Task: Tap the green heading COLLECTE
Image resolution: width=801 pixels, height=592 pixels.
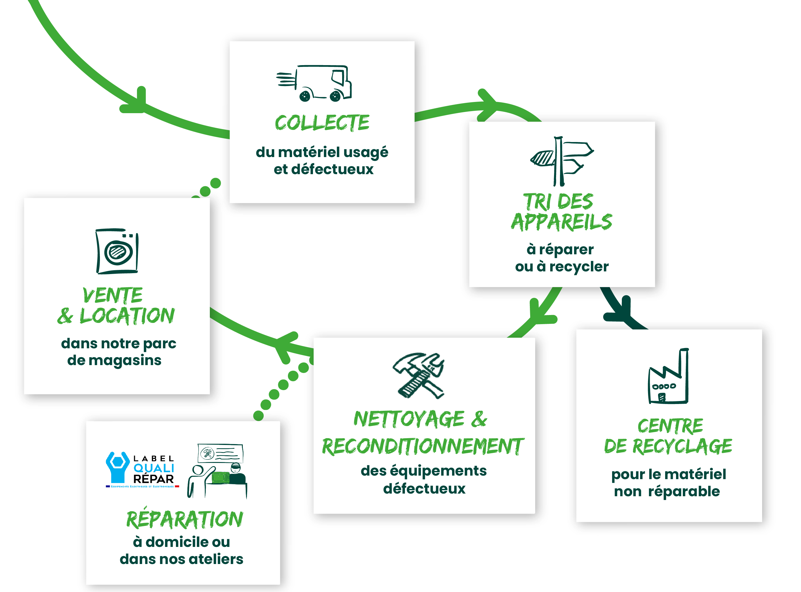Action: (x=322, y=123)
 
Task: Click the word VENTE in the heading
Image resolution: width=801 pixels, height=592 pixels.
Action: (x=113, y=295)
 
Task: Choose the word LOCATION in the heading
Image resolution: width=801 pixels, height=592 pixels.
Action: (x=127, y=316)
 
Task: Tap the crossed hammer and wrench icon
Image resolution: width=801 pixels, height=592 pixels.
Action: (x=419, y=375)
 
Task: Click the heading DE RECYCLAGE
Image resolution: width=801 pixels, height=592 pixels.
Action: (x=668, y=446)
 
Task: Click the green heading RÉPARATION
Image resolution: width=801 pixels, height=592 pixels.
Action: (x=184, y=519)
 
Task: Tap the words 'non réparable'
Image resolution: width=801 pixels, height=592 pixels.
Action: (x=667, y=492)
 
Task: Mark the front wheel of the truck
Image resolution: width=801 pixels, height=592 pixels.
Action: (x=335, y=96)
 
